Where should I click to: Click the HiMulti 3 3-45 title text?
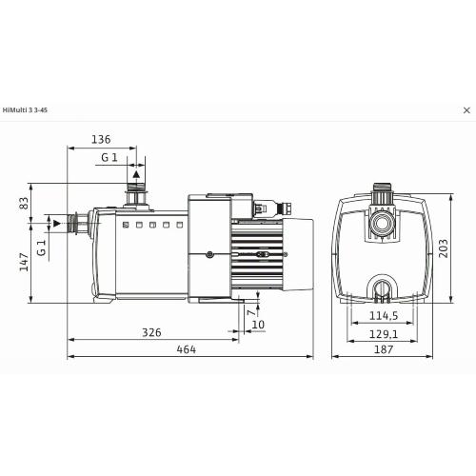[x=25, y=110]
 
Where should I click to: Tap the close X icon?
[x=466, y=110]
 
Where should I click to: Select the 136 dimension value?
[x=101, y=139]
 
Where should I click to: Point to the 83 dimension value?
[x=24, y=203]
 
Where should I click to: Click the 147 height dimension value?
[x=24, y=262]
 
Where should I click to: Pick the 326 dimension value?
[x=151, y=332]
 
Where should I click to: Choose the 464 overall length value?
[x=187, y=349]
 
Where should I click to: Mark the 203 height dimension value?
[x=443, y=248]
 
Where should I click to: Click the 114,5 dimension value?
[x=384, y=316]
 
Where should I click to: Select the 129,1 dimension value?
[x=384, y=334]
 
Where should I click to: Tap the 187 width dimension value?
[x=384, y=349]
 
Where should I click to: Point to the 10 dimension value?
[x=258, y=325]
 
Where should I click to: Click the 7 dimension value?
[x=251, y=312]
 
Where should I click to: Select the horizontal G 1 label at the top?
[x=109, y=157]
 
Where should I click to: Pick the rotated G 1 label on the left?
[x=42, y=248]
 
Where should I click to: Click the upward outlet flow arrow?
[x=136, y=173]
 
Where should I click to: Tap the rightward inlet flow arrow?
[x=57, y=224]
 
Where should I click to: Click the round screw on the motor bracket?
[x=209, y=254]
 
